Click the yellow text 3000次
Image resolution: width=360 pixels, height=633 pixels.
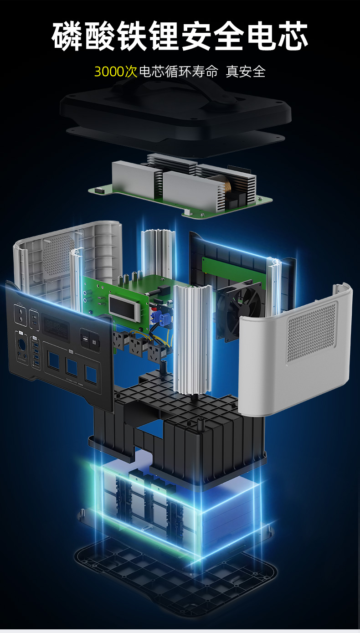point(116,72)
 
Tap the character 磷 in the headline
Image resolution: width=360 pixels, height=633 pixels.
point(67,36)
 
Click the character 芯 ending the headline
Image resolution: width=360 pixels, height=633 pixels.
point(292,36)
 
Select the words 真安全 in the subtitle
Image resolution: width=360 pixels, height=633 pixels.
point(246,71)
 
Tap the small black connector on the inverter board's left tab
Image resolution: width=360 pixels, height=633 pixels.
point(99,190)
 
